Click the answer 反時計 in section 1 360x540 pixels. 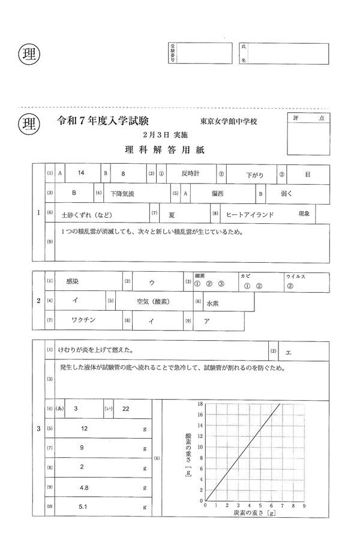coord(190,173)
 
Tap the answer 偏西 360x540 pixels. coord(217,194)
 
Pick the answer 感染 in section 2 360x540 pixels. coord(74,281)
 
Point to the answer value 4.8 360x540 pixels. coord(84,488)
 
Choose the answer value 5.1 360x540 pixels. coord(84,508)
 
